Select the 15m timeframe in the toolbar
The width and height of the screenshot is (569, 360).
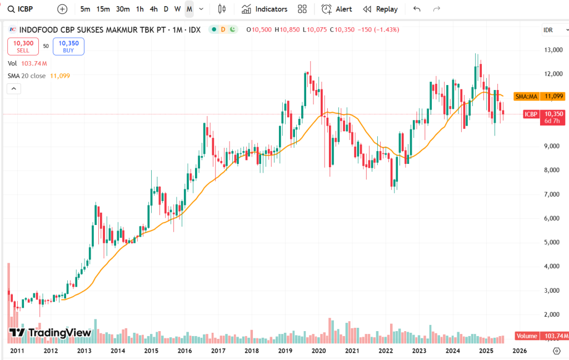103,9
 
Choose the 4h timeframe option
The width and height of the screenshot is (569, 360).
153,9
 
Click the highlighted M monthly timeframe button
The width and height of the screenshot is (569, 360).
189,9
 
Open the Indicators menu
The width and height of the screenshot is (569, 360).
264,9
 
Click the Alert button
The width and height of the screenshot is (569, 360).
337,9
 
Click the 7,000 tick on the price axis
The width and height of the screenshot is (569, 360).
552,194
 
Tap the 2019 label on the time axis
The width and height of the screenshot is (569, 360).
285,351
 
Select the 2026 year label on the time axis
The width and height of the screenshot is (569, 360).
520,351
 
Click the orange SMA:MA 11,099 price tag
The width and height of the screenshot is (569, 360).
539,96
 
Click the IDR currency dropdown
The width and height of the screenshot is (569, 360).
550,30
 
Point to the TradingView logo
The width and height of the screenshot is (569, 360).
50,333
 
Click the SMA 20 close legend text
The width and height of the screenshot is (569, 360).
27,76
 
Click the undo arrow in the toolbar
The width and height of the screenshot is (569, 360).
417,9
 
